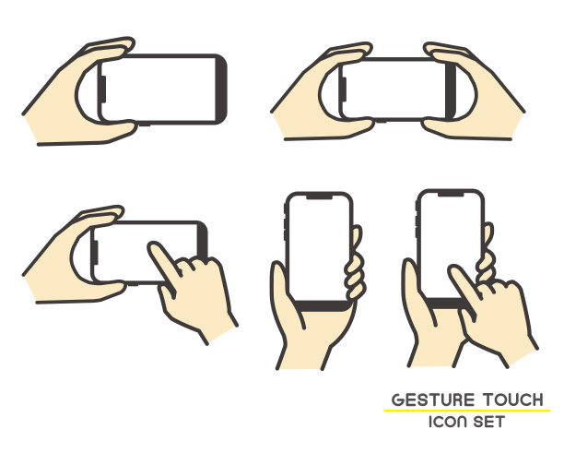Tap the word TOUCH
tap(512, 400)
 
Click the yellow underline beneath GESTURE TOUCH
tap(467, 411)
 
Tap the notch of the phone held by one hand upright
tap(319, 197)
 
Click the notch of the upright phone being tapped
tap(451, 194)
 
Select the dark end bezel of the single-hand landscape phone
tap(221, 89)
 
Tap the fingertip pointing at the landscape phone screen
tap(154, 246)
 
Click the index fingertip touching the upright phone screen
tap(454, 270)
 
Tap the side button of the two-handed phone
tap(344, 89)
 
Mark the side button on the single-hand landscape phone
tap(102, 89)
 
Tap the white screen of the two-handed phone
tap(394, 89)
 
